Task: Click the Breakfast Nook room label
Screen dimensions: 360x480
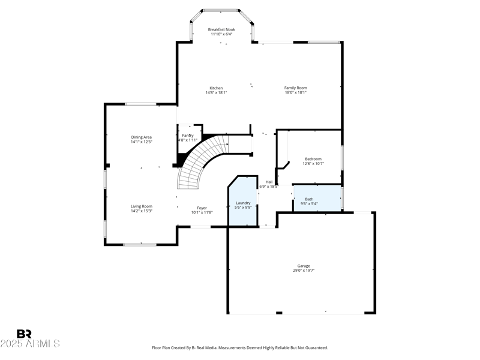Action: (221, 29)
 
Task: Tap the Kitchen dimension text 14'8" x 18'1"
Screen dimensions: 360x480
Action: (216, 93)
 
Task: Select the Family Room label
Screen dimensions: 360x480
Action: (295, 88)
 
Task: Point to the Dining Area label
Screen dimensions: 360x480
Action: (142, 137)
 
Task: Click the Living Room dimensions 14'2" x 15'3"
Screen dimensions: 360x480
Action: (142, 211)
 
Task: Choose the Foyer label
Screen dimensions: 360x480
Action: (202, 208)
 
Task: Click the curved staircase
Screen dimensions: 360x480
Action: (198, 162)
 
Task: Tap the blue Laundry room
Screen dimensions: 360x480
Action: (243, 204)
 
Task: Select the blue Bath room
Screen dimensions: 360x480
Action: (316, 199)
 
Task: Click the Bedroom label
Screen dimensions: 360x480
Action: (313, 158)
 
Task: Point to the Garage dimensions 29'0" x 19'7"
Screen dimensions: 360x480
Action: (304, 271)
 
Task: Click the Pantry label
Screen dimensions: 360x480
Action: (188, 136)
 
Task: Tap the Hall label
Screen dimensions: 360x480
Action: (269, 182)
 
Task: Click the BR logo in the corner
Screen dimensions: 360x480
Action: (24, 334)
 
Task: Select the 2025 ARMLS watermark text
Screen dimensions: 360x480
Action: (30, 344)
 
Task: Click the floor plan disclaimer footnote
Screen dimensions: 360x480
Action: (240, 347)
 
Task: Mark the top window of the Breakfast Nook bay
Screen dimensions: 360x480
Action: (221, 10)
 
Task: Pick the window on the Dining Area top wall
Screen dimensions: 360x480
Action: (141, 104)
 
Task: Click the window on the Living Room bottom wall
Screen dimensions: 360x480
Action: (140, 244)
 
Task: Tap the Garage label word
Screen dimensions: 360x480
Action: (304, 266)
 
